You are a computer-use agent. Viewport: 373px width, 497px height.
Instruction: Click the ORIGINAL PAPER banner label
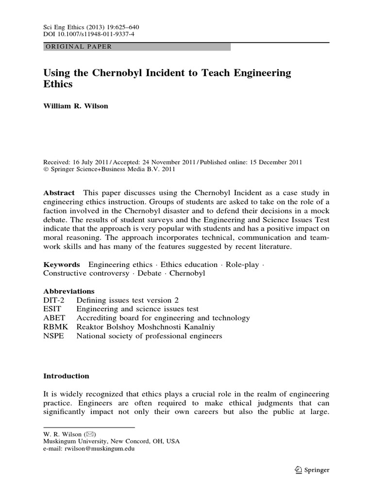click(78, 47)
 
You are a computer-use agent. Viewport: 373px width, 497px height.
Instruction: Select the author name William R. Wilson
click(76, 106)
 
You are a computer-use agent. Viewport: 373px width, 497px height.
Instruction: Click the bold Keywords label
click(61, 265)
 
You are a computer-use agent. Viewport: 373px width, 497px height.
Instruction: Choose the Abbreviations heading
click(69, 291)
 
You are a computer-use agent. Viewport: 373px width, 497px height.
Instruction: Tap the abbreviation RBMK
click(54, 327)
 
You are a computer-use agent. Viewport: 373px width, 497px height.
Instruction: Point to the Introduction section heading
click(66, 376)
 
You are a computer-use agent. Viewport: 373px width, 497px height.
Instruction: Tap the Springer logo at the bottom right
click(312, 470)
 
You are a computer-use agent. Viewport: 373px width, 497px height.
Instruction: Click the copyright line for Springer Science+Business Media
click(109, 170)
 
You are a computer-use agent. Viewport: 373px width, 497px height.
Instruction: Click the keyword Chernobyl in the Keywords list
click(187, 273)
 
